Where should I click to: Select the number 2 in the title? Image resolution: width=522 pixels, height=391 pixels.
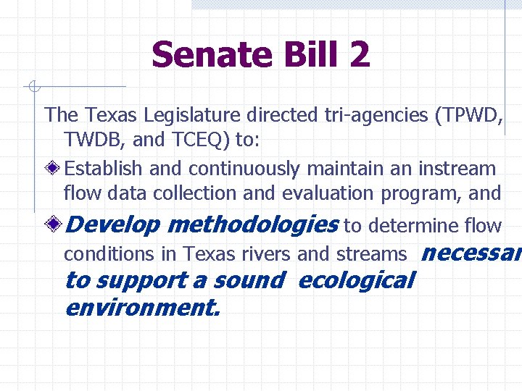357,54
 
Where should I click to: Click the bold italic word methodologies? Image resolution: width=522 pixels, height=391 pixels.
252,225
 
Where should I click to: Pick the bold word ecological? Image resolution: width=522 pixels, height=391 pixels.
356,280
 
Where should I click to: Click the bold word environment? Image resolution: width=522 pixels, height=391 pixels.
141,308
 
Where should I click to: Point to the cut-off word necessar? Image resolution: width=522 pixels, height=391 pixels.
471,253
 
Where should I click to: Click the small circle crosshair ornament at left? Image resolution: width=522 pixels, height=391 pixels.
33,88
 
